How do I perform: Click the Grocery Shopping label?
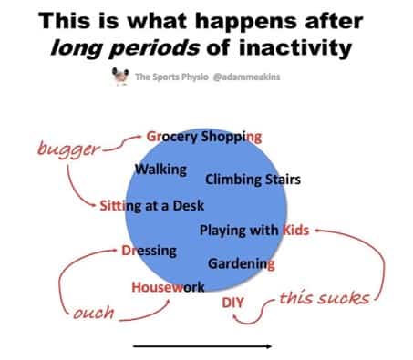[204, 137]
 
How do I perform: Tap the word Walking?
[160, 170]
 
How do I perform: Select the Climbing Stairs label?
[253, 179]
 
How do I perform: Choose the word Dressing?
[149, 250]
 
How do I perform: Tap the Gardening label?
[242, 264]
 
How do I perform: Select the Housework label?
[169, 287]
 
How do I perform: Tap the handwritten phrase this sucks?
[324, 298]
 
